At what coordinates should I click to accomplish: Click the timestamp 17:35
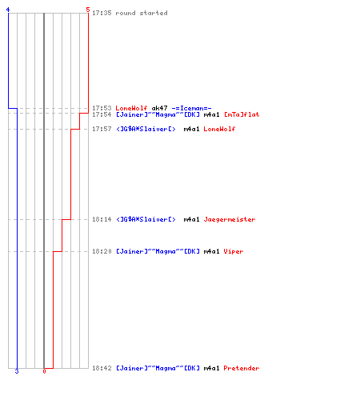[102, 13]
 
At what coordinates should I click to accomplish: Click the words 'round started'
[142, 13]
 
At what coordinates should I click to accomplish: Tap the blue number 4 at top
[8, 10]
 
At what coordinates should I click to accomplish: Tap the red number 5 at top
[88, 10]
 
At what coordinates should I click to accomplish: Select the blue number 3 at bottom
[17, 371]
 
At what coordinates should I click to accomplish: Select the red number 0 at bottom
[44, 371]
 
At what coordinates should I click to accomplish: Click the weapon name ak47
[159, 108]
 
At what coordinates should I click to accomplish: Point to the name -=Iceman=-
[191, 108]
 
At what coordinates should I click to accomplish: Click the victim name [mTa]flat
[242, 114]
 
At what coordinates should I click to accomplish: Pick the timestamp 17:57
[102, 129]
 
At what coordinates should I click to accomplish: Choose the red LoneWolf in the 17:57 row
[219, 129]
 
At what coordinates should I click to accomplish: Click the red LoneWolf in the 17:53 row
[131, 108]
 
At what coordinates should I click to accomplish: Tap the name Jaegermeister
[230, 219]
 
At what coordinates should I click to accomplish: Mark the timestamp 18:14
[102, 219]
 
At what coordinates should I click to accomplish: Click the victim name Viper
[234, 251]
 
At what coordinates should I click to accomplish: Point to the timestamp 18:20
[102, 251]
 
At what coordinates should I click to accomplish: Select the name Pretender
[242, 368]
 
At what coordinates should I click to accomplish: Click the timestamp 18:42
[102, 368]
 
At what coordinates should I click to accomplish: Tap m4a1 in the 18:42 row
[211, 368]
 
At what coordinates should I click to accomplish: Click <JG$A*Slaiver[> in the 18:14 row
[146, 219]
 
